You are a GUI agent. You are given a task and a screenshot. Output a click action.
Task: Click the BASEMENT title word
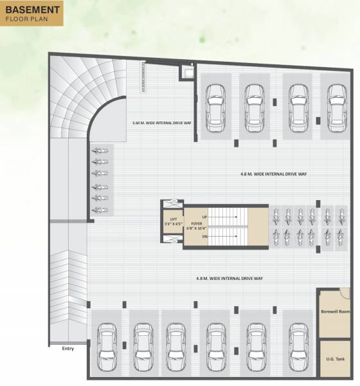(33, 10)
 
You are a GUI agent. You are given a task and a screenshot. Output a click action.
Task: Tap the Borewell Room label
(334, 311)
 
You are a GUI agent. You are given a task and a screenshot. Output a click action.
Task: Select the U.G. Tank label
(334, 360)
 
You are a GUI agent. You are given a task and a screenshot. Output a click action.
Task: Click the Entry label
(68, 349)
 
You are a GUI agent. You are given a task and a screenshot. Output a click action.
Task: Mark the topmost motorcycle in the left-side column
(100, 151)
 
